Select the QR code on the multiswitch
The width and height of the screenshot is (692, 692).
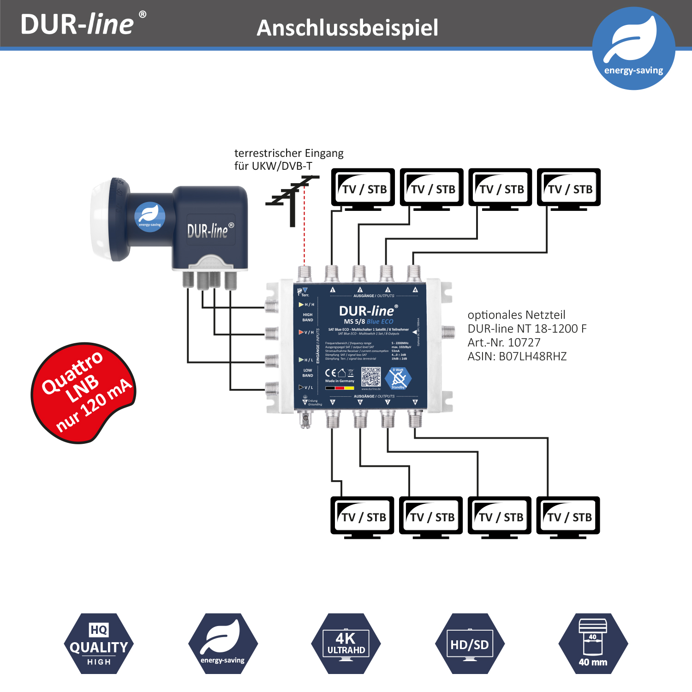371,377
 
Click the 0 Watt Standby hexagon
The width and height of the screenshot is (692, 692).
398,378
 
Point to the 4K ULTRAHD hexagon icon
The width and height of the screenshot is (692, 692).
346,644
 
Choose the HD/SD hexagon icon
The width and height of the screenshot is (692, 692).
470,644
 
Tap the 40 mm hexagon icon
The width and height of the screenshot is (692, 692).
593,644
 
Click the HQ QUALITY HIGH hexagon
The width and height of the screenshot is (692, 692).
99,644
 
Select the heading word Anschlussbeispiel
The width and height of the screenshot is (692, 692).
347,28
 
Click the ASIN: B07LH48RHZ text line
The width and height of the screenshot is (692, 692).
517,356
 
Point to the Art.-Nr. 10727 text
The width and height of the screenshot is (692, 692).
504,342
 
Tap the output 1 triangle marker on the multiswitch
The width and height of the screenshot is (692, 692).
333,290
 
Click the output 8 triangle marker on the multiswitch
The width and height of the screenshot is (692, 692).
415,402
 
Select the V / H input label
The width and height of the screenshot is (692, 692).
307,332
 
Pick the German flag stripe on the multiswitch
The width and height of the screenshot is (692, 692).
340,388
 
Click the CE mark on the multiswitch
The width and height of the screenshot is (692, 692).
330,373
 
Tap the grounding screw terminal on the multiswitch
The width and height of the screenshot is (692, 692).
304,419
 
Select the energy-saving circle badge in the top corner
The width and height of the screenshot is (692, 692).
633,48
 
